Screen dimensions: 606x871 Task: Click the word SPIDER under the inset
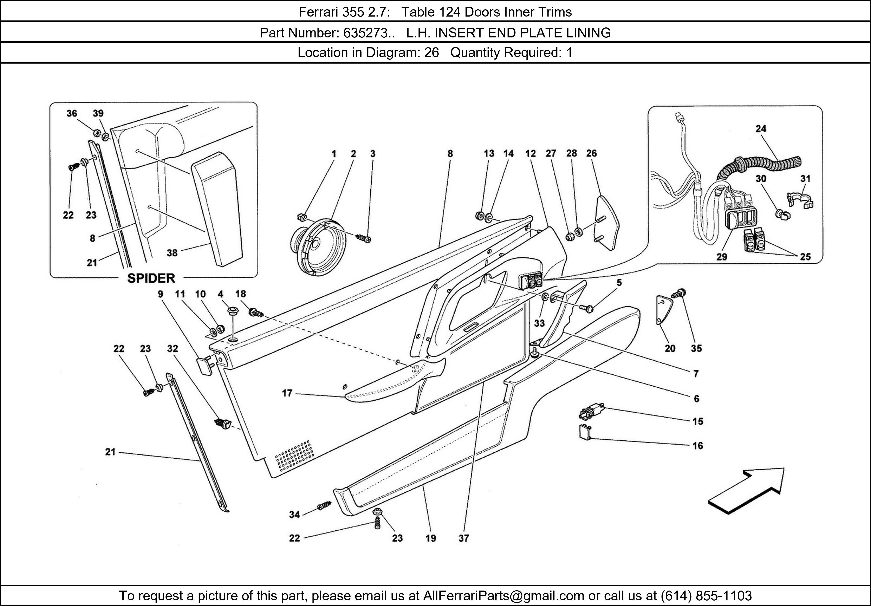coord(151,278)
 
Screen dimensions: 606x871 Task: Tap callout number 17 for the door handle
coord(287,393)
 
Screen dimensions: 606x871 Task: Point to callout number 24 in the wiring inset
coord(761,129)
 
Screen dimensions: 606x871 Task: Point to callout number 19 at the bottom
coord(430,538)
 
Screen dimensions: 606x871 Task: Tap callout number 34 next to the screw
coord(294,515)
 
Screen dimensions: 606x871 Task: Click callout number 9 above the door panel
coord(160,294)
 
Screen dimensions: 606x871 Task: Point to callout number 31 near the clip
coord(805,179)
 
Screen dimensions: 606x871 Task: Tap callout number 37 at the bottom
coord(464,538)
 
